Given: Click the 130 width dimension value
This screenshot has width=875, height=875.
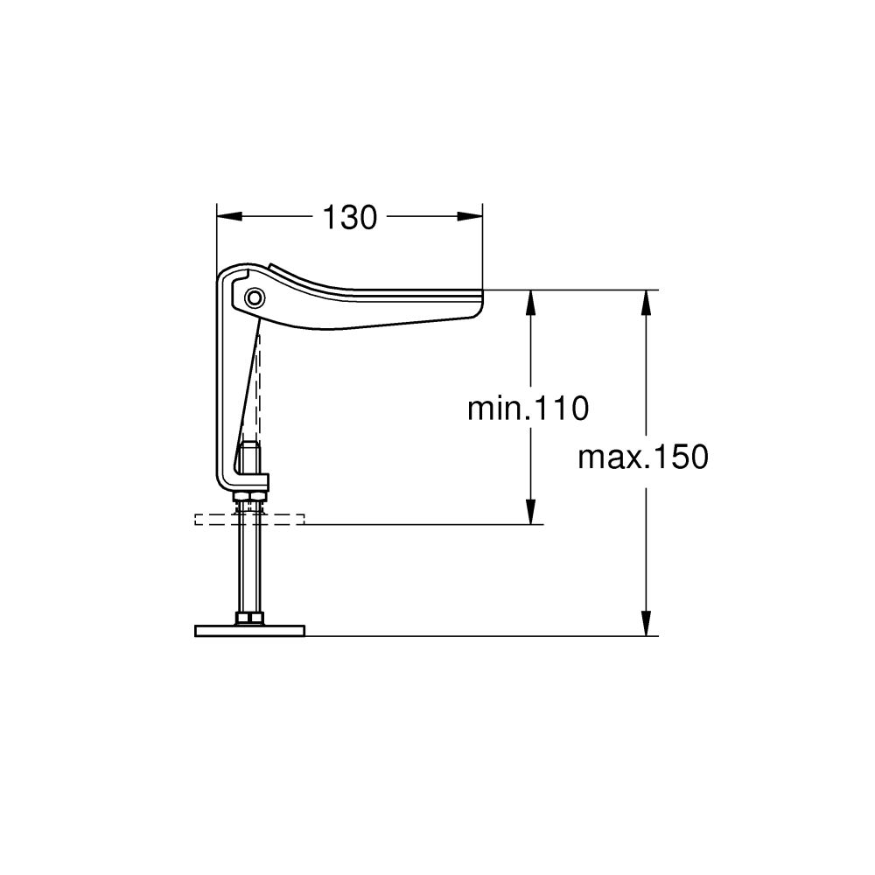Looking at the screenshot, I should (350, 217).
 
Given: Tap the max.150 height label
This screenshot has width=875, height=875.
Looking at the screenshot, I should (642, 457).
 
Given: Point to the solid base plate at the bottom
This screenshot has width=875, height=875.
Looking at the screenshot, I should (249, 630).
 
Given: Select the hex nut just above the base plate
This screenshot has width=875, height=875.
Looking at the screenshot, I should (249, 619).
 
